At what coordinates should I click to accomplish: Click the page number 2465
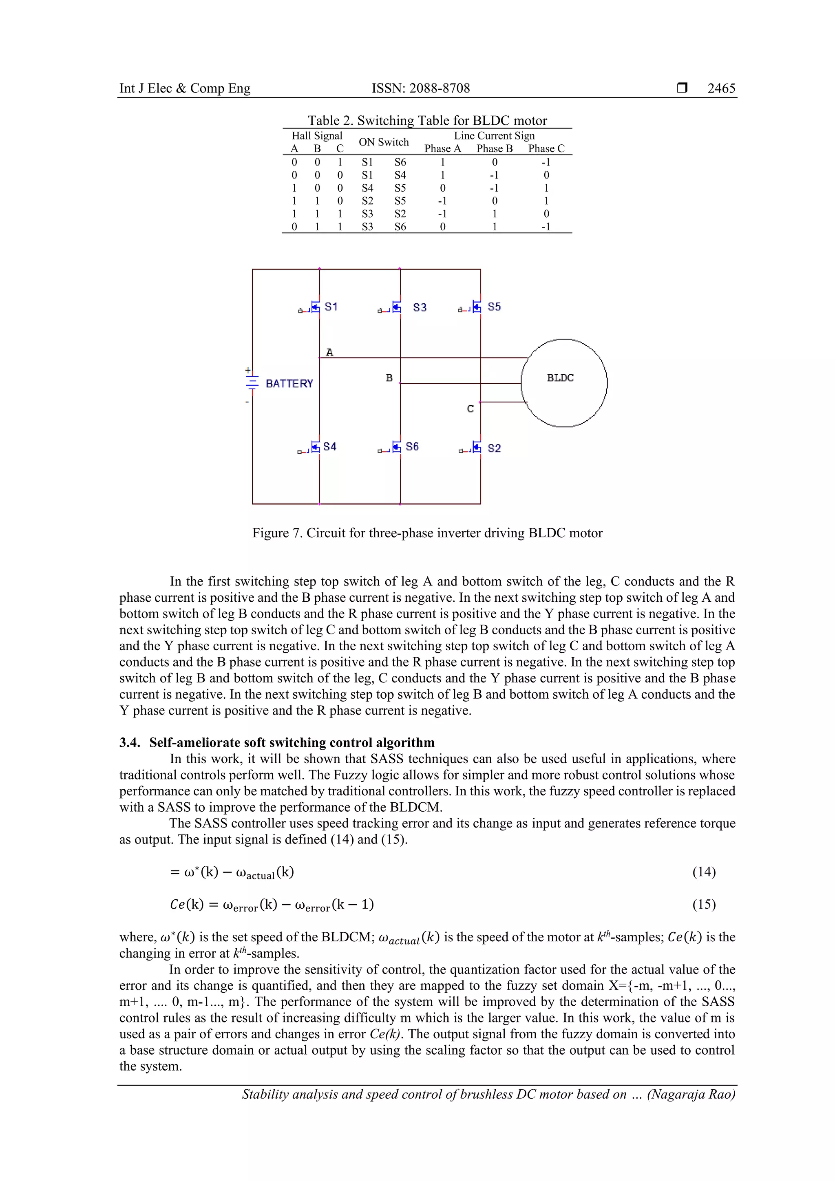coord(721,88)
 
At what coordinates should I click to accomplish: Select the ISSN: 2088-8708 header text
coord(420,88)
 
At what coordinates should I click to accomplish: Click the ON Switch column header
coord(383,142)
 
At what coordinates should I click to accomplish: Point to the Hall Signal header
coord(316,136)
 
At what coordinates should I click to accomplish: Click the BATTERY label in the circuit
coord(289,384)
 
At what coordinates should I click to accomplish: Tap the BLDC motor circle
coord(564,383)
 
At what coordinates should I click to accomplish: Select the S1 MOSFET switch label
coord(331,307)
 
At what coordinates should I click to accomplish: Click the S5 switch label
coord(494,307)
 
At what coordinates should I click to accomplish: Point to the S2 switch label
coord(494,448)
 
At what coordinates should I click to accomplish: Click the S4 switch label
coord(329,446)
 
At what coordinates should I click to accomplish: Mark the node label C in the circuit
coord(470,409)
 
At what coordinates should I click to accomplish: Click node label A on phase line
coord(330,352)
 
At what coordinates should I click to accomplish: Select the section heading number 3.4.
coord(130,742)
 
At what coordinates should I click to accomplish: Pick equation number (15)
coord(703,904)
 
